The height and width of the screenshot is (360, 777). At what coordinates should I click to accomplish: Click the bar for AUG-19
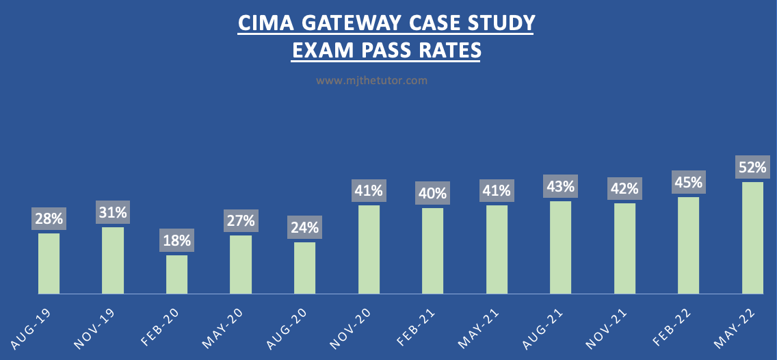pos(49,263)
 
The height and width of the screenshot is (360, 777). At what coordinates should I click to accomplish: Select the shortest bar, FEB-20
pos(176,274)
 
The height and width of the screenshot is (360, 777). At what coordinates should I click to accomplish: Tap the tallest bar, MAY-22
pos(752,237)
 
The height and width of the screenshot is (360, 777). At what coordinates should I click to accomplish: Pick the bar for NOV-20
pos(369,249)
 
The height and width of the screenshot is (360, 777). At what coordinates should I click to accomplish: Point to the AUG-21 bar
pos(560,247)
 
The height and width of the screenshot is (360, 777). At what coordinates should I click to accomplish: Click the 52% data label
pos(752,167)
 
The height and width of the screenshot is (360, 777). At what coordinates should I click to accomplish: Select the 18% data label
pos(176,241)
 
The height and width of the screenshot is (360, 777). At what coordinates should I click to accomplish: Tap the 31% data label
pos(113,213)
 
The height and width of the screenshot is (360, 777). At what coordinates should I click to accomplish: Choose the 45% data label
pos(688,183)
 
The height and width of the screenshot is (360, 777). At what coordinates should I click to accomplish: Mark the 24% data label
pos(304,227)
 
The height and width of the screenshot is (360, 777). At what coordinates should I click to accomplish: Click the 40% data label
pos(432,194)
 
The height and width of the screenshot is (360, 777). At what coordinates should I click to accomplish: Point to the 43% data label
pos(560,186)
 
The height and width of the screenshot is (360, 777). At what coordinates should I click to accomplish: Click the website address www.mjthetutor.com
pos(371,80)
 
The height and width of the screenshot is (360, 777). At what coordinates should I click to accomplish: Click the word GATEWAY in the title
pos(357,23)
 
